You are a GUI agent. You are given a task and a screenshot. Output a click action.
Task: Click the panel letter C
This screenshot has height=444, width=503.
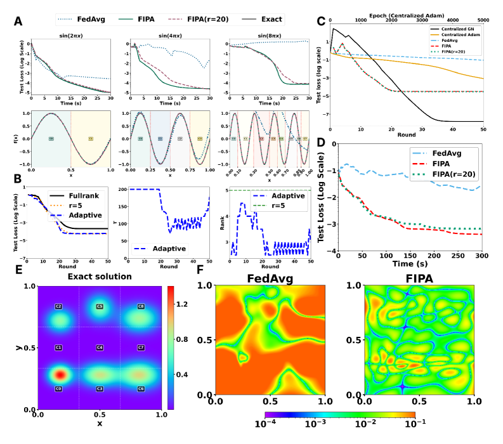click(x=321, y=22)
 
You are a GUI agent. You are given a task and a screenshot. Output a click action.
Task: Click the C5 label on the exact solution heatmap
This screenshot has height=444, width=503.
click(x=100, y=306)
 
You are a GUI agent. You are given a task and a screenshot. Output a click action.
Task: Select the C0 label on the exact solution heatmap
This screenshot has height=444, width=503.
click(x=58, y=388)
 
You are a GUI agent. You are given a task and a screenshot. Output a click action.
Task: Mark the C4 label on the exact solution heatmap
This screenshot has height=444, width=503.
click(x=100, y=348)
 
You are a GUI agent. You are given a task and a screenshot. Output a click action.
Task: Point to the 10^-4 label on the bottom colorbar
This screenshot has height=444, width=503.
click(x=264, y=422)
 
